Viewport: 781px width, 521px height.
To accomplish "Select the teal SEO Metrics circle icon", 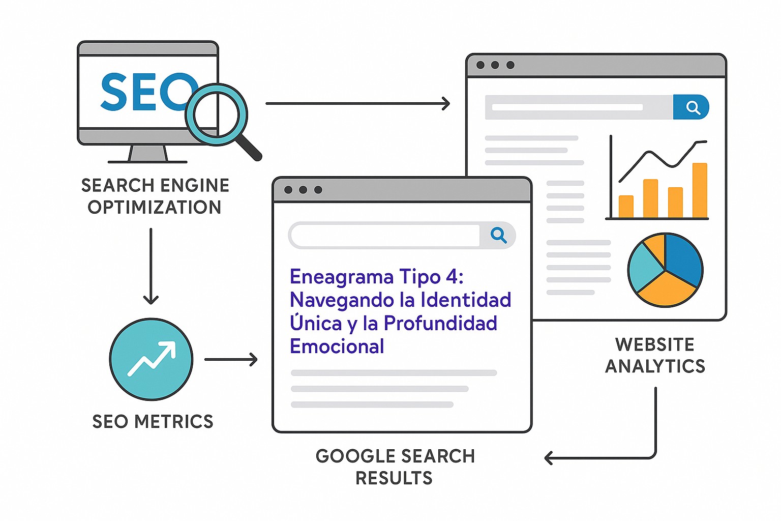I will (152, 359).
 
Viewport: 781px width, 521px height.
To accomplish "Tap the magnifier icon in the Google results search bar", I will (498, 235).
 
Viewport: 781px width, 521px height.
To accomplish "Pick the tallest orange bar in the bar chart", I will (700, 190).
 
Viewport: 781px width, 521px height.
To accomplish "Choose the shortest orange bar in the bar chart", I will (626, 207).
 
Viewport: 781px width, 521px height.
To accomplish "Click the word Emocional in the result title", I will (337, 346).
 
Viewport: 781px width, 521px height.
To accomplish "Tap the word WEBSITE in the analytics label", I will (654, 344).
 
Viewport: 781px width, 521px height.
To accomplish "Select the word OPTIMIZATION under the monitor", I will (154, 207).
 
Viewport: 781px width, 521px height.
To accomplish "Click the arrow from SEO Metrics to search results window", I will (231, 359).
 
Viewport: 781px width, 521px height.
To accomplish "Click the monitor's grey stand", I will (148, 153).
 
